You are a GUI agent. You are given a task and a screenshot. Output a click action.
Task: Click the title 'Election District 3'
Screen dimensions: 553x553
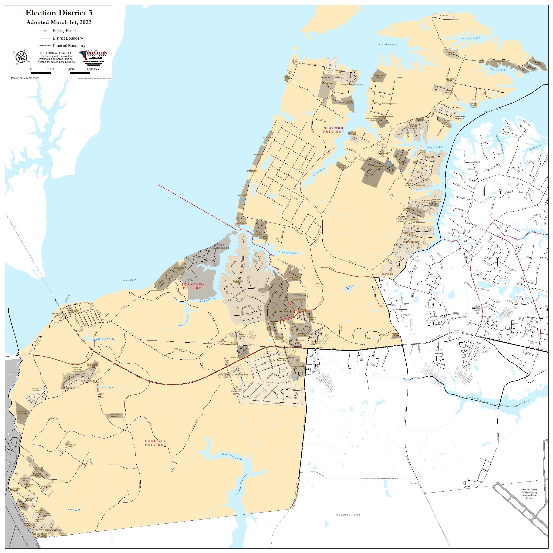click(x=59, y=13)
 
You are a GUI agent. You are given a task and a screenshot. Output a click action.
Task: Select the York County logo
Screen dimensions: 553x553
click(x=94, y=55)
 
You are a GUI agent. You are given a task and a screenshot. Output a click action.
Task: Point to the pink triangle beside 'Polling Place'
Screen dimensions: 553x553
click(x=45, y=30)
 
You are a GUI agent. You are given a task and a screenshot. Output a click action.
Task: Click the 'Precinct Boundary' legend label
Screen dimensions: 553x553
click(x=69, y=46)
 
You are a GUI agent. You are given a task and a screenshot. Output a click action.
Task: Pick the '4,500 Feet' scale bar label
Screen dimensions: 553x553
click(x=93, y=69)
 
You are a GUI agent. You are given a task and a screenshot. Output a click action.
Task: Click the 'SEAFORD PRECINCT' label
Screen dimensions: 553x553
click(x=334, y=130)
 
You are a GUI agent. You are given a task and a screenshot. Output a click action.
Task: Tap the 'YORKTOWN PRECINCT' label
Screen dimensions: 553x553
click(x=193, y=286)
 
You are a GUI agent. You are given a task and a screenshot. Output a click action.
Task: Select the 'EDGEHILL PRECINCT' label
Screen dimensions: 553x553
click(x=155, y=443)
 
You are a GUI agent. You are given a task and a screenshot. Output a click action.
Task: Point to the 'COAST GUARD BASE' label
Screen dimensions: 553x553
click(x=219, y=246)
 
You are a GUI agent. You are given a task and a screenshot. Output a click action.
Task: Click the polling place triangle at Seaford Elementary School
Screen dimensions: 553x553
click(x=401, y=214)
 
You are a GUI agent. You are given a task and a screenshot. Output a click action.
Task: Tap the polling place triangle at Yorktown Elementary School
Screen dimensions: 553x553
click(x=237, y=386)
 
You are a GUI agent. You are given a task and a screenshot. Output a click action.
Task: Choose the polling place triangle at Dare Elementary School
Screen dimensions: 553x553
click(x=477, y=313)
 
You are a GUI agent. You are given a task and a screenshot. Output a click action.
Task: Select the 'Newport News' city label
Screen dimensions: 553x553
click(x=348, y=515)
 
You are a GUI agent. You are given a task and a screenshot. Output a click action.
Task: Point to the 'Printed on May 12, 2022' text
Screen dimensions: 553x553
click(x=25, y=78)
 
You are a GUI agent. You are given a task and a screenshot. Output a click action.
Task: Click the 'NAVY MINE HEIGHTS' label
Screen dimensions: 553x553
click(x=115, y=415)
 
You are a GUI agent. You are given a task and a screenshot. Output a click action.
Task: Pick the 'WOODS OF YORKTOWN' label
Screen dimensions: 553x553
click(x=22, y=412)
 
